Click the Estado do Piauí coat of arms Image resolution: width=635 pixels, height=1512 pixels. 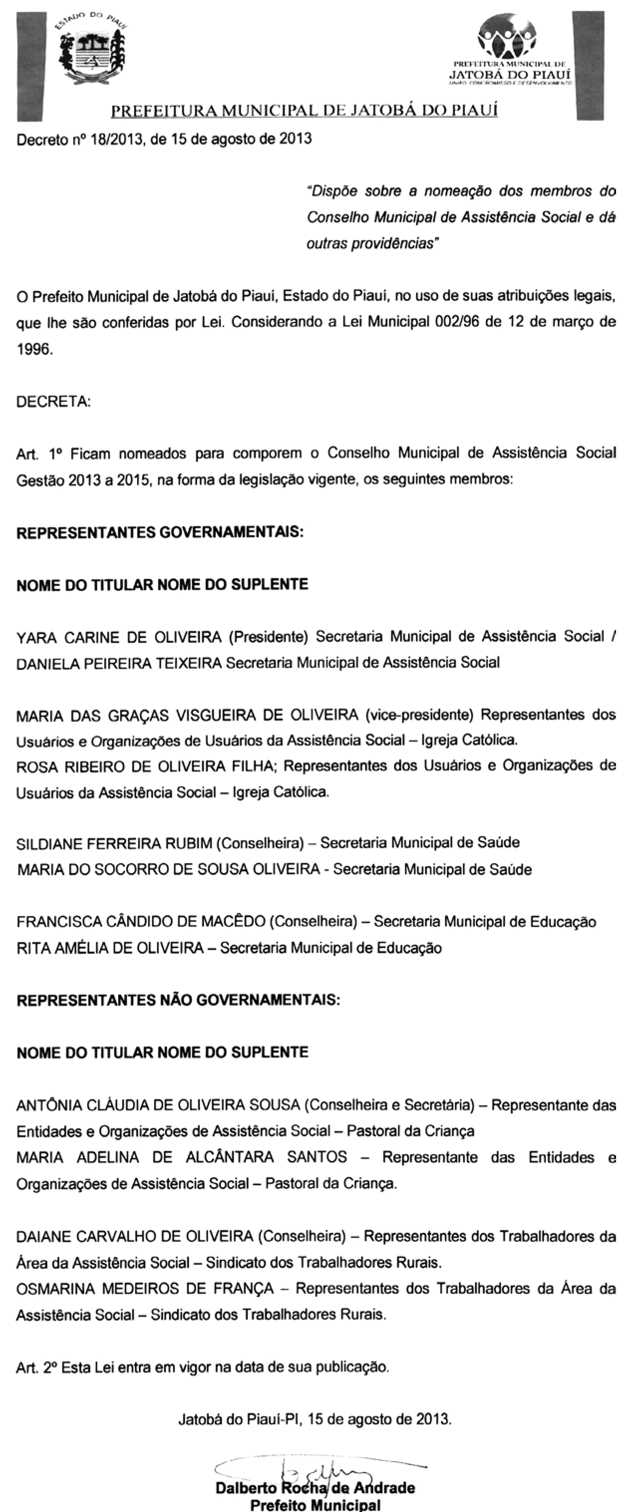93,50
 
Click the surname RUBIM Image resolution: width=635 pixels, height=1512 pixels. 188,843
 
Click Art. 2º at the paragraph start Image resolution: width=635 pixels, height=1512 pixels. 36,1367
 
